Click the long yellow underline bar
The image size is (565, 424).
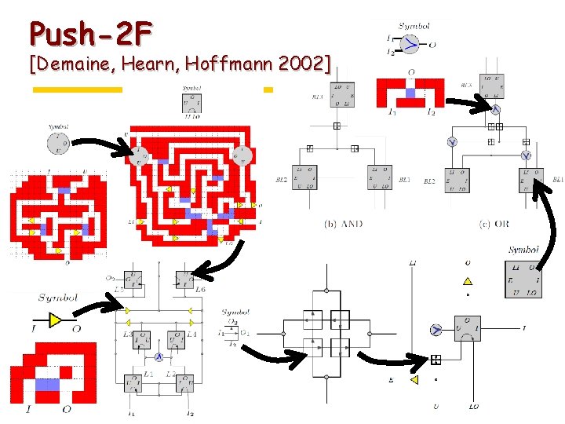coord(77,90)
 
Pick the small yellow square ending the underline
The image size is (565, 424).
coord(268,90)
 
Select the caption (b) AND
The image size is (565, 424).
coord(343,224)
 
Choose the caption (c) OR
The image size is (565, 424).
coord(494,224)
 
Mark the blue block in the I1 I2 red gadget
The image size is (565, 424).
coord(410,93)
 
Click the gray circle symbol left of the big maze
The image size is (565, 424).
coord(57,143)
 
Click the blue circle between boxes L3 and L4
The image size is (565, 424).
coord(158,356)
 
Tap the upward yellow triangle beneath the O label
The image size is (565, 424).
coord(468,280)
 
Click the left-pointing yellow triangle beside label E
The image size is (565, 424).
coord(414,380)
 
